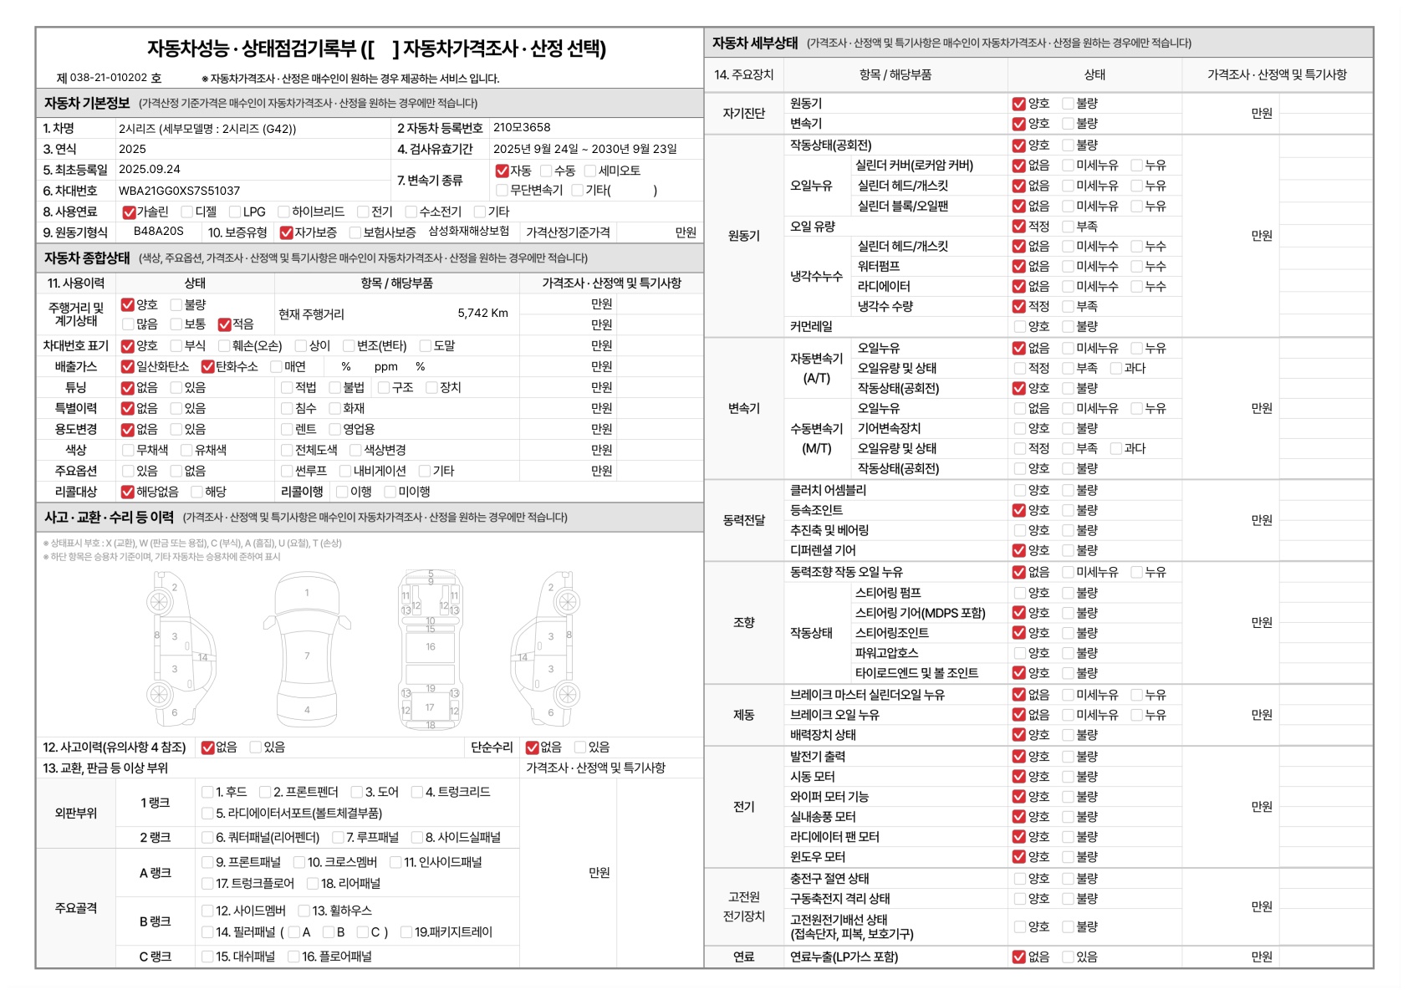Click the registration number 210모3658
coord(522,128)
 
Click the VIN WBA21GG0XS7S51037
coord(179,191)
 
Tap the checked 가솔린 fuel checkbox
coord(129,212)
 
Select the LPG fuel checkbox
coord(235,212)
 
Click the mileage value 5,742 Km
coord(482,314)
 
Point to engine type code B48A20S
coord(159,232)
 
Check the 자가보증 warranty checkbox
coord(286,232)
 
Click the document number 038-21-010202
coord(109,78)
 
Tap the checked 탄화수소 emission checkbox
coord(208,367)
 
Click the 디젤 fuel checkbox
coord(186,212)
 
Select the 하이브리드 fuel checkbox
coord(283,212)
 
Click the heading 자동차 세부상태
coord(755,43)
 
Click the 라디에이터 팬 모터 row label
coord(834,837)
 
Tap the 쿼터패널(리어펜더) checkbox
coord(207,838)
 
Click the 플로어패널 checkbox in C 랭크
coord(293,957)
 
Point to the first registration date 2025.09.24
coord(150,169)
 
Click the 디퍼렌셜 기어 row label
coord(823,550)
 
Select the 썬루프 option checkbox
coord(287,472)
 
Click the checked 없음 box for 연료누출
coord(1018,957)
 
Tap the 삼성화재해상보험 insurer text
coord(468,232)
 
